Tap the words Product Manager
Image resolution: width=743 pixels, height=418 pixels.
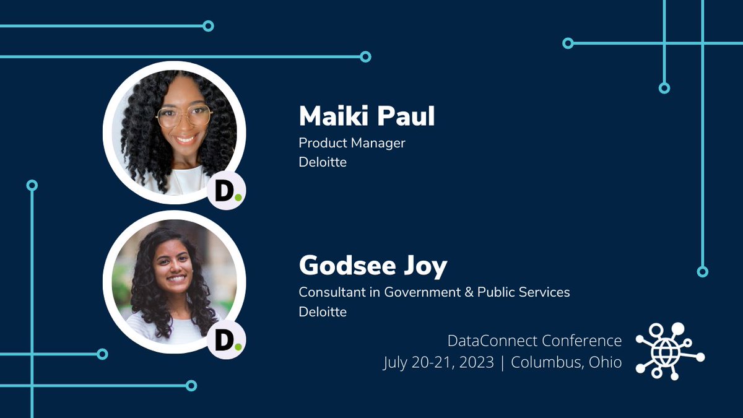pyautogui.click(x=352, y=143)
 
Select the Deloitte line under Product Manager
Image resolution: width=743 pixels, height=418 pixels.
pyautogui.click(x=323, y=163)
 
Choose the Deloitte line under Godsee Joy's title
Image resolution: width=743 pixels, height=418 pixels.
pyautogui.click(x=323, y=311)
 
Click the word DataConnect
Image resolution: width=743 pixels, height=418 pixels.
pyautogui.click(x=492, y=341)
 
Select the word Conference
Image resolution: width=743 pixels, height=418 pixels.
pyautogui.click(x=582, y=341)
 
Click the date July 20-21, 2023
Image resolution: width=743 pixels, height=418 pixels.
pyautogui.click(x=438, y=362)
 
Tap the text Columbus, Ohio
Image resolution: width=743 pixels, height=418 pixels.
pyautogui.click(x=566, y=362)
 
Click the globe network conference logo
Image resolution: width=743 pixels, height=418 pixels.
pyautogui.click(x=670, y=351)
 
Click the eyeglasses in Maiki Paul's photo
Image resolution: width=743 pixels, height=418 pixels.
pyautogui.click(x=184, y=115)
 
